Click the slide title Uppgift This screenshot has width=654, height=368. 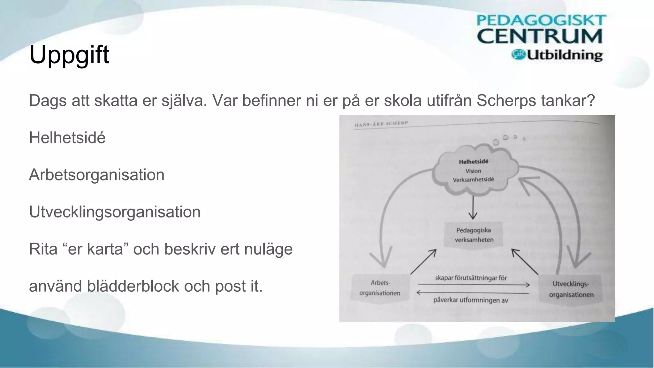[x=69, y=55]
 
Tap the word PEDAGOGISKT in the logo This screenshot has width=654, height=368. [x=541, y=20]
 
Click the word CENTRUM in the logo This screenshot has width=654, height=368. [x=539, y=36]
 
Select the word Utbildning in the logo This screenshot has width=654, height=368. [x=564, y=55]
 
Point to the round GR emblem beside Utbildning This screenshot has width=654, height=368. [x=518, y=54]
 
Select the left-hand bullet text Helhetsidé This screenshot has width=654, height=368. [x=67, y=138]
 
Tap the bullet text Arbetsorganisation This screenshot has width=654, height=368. [x=96, y=175]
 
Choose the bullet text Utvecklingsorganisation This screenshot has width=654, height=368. [x=115, y=212]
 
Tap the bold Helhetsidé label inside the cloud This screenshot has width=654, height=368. [x=473, y=162]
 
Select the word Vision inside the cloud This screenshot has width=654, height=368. [x=473, y=171]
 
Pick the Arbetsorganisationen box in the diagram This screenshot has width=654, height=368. [x=380, y=288]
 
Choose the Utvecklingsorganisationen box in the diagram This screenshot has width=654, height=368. [x=571, y=289]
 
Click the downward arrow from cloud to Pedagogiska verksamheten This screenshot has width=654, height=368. [x=473, y=208]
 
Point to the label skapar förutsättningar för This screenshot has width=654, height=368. [x=471, y=278]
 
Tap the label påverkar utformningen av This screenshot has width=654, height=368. [x=470, y=300]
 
